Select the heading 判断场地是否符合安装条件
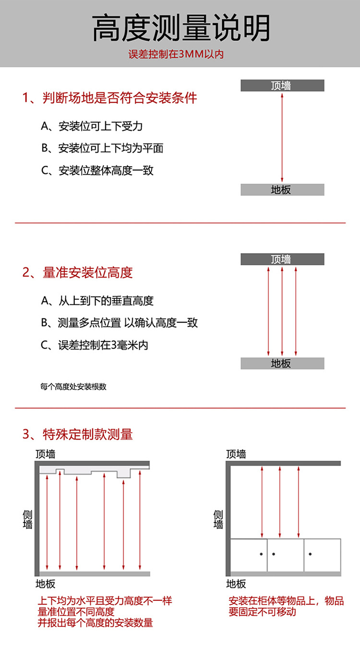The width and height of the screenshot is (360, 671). pos(110,98)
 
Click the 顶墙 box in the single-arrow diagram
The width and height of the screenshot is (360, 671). pos(282,86)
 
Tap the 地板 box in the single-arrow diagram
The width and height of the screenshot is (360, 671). pos(282,190)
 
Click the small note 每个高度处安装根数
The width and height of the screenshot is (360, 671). pos(73,387)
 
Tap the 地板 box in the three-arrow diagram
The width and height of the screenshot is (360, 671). pos(282,364)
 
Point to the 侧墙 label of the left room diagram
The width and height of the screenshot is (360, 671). pos(28,519)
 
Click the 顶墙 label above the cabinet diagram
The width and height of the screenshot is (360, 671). pos(236,454)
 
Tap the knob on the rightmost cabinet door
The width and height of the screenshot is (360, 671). pos(310,554)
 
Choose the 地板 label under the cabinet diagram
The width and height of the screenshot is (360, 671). pos(236,584)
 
